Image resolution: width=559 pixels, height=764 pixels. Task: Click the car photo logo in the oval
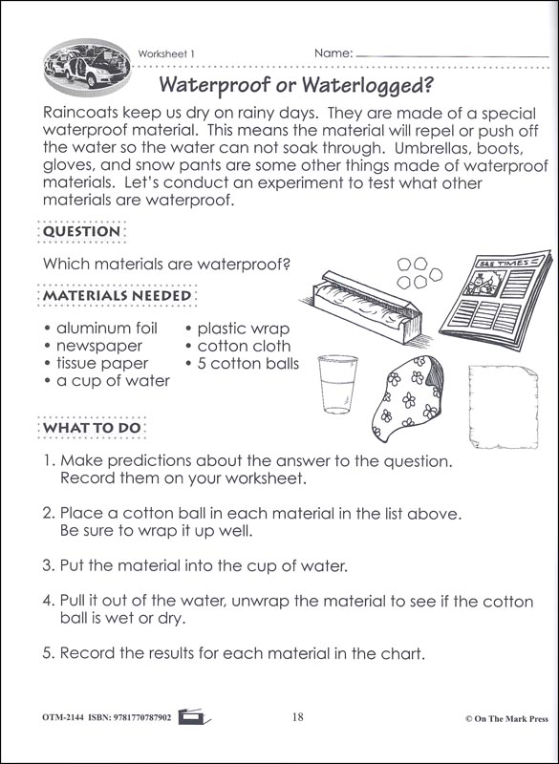(87, 68)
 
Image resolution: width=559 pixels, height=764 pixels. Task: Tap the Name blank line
(452, 56)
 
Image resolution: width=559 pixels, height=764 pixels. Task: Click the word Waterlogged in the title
(368, 85)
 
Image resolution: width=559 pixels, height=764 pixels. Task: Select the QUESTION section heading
(81, 231)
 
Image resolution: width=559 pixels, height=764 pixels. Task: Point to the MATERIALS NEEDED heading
(117, 296)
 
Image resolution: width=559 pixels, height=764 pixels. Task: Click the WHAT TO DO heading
(92, 428)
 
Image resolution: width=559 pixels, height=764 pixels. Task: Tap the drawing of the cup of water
(337, 385)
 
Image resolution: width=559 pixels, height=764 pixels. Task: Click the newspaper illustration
(496, 299)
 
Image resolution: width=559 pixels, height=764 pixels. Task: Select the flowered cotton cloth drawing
(407, 398)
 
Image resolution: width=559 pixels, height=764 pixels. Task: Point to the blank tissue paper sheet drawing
(504, 407)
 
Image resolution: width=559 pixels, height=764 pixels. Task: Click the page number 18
(298, 717)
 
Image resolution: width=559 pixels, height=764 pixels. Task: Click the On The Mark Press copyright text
(506, 719)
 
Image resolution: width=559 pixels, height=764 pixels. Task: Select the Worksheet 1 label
(166, 54)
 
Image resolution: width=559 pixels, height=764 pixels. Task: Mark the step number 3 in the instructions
(47, 565)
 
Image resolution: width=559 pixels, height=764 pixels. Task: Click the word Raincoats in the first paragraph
(80, 113)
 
